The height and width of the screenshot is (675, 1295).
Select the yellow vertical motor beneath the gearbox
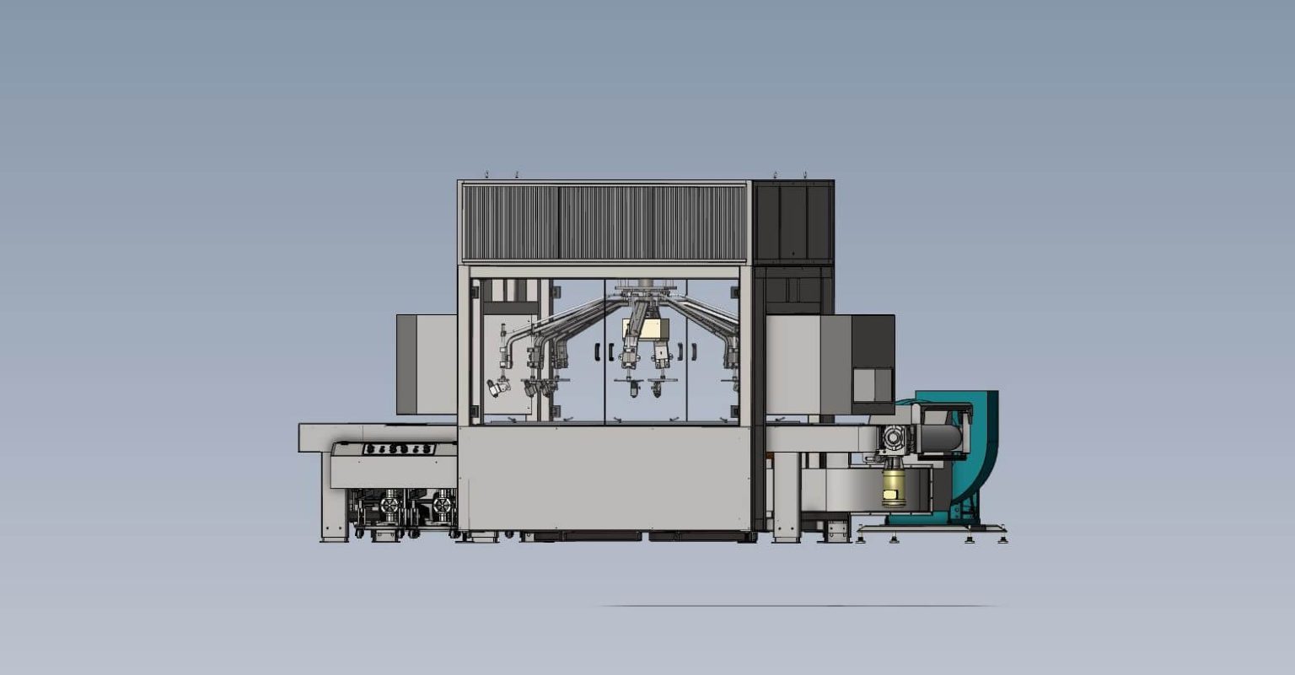point(894,487)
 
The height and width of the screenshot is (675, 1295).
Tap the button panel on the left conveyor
point(400,449)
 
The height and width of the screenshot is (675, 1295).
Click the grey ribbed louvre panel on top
point(603,222)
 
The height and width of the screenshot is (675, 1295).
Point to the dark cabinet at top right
point(793,222)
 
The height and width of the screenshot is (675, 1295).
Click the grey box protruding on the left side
point(426,364)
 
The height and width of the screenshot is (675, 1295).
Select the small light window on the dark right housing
point(872,385)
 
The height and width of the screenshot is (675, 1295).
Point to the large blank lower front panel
point(604,478)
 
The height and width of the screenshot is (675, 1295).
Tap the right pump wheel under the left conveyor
point(442,506)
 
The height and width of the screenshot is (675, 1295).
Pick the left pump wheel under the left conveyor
point(390,506)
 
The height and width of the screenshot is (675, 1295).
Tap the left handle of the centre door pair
point(598,351)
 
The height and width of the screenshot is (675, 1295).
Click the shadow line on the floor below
point(797,606)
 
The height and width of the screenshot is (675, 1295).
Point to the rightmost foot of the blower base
point(1002,538)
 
